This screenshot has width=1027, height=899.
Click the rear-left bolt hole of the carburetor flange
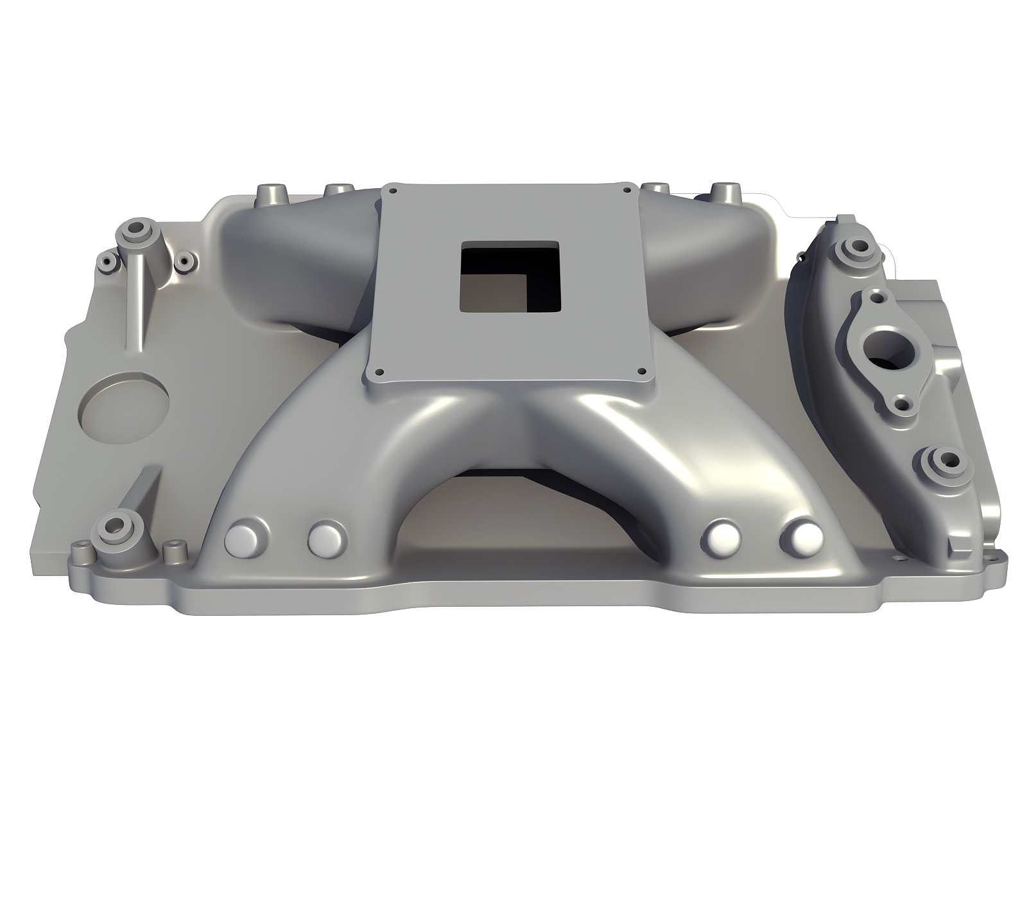point(396,191)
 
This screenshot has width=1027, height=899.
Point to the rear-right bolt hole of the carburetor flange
point(624,189)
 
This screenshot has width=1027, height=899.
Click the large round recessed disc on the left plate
point(125,408)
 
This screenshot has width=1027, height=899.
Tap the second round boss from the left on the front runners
point(327,539)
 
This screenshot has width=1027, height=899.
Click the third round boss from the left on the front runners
point(722,539)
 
